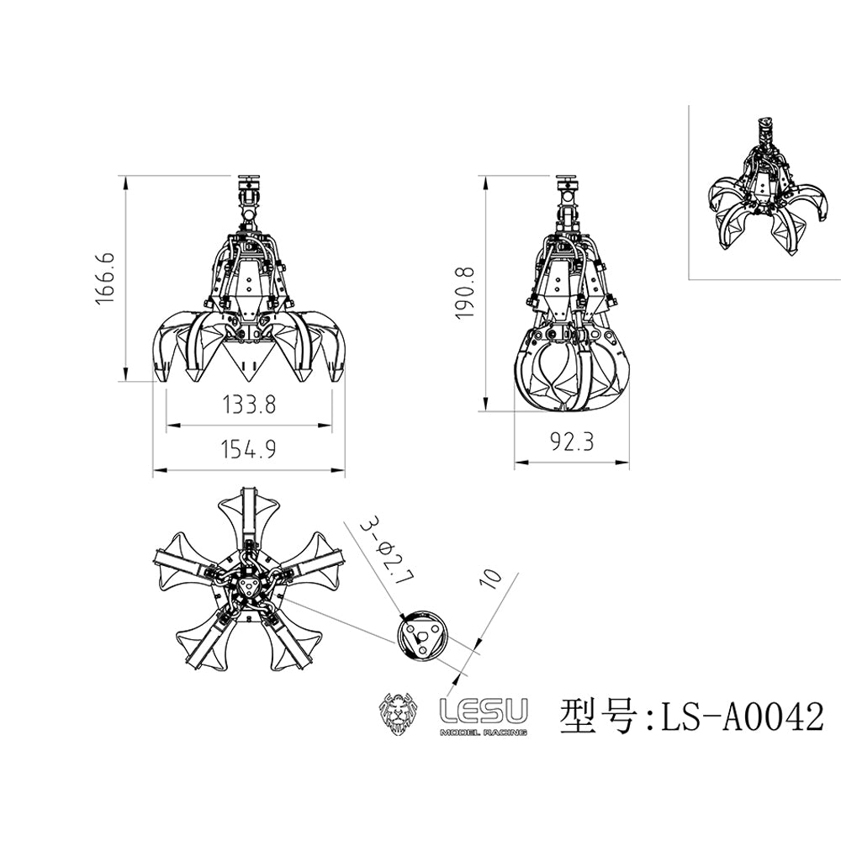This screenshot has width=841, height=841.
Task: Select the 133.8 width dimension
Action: pos(249,405)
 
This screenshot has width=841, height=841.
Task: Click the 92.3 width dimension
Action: pos(572,442)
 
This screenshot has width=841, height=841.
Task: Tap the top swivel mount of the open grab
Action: pos(248,188)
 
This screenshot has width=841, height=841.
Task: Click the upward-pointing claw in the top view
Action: pos(248,513)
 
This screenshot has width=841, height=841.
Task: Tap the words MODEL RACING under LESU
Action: pos(484,733)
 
